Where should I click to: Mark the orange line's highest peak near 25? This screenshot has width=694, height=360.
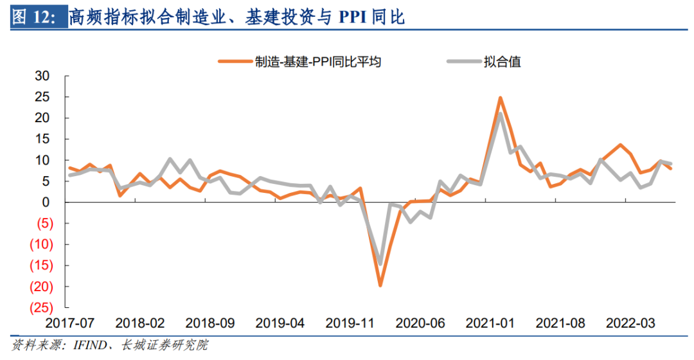pos(500,98)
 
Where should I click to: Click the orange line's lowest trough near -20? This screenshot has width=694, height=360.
pos(380,284)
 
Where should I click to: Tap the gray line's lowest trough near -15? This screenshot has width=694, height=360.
pos(380,264)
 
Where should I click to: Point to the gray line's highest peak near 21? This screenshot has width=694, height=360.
pos(500,114)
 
